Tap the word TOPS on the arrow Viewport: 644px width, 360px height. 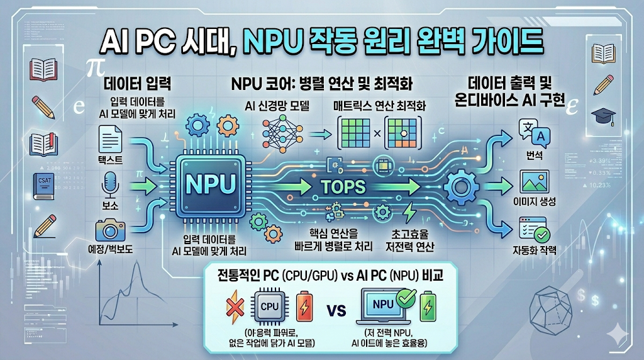point(343,186)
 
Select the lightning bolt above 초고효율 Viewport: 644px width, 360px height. point(409,210)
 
